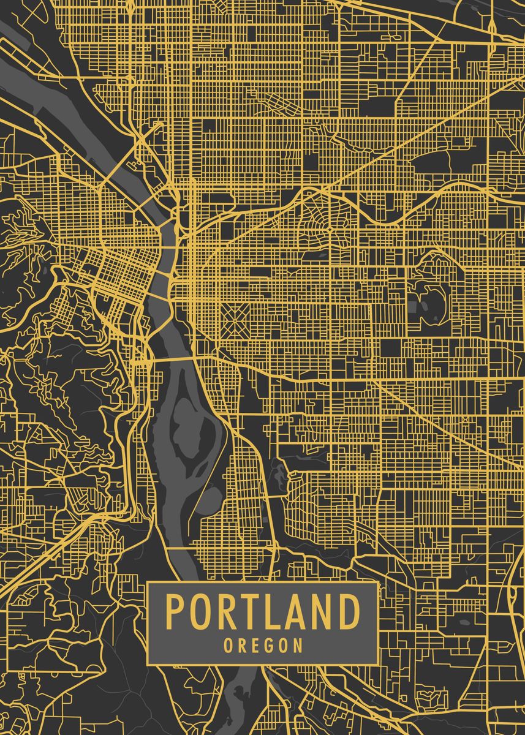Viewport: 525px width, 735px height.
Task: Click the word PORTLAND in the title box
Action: point(262,612)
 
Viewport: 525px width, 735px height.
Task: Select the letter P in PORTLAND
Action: point(175,612)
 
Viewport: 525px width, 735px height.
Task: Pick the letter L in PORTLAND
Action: point(271,612)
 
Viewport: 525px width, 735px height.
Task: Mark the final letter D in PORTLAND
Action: point(349,612)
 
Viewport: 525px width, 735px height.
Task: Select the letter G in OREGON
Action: point(268,646)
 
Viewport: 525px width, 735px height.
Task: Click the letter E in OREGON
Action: point(252,646)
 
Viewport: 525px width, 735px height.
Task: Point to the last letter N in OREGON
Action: point(298,646)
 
